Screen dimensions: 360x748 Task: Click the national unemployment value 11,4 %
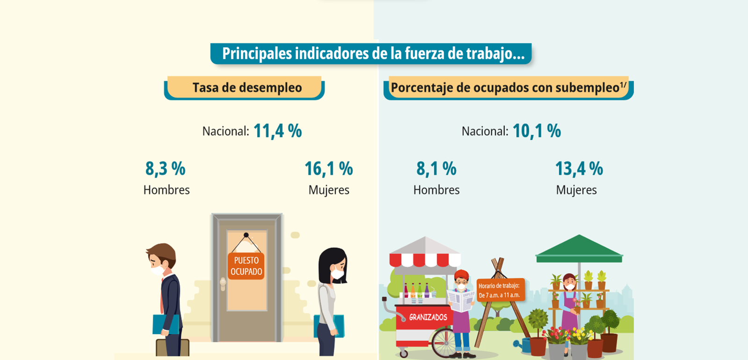click(277, 131)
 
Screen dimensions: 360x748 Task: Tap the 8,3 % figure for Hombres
click(165, 169)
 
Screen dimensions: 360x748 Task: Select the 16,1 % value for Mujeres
click(329, 169)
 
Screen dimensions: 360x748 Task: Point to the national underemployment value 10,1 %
click(537, 131)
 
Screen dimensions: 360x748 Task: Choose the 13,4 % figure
click(579, 169)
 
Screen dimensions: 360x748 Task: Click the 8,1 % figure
click(436, 169)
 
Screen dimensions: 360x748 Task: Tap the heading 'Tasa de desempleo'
click(247, 87)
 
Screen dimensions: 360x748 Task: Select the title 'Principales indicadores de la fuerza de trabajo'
click(373, 54)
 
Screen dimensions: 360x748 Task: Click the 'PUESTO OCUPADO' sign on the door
click(246, 266)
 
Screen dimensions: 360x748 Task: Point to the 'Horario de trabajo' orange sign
click(499, 290)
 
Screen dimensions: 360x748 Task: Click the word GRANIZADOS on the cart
click(428, 317)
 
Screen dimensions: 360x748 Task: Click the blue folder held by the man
click(164, 324)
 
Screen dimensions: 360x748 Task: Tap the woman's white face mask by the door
click(337, 274)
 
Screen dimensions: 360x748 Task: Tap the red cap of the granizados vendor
click(461, 274)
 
